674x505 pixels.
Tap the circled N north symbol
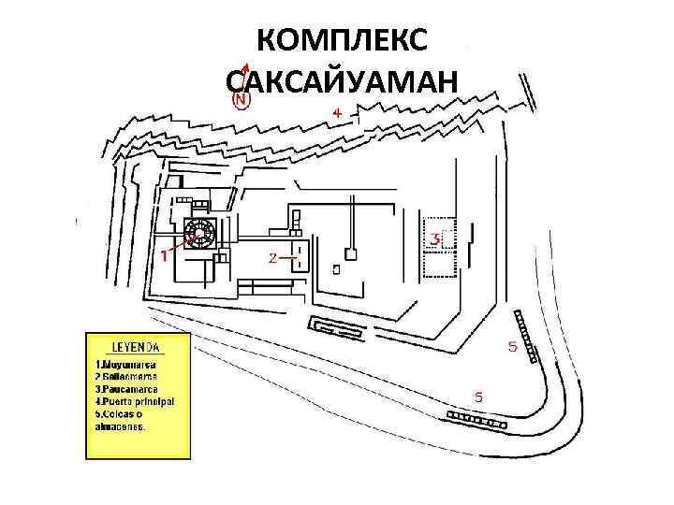coord(242,96)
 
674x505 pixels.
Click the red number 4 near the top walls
coord(337,112)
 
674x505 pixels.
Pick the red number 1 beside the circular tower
coord(165,253)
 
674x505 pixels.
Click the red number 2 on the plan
coord(272,257)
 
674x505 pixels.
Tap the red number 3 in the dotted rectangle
coord(434,239)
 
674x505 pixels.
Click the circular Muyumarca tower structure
coord(200,234)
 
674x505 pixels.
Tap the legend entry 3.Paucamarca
coord(127,388)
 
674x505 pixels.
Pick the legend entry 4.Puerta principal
coord(136,401)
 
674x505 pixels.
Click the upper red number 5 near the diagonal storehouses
coord(512,347)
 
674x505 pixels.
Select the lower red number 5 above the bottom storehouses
coord(478,397)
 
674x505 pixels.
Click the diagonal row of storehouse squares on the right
coord(523,333)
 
